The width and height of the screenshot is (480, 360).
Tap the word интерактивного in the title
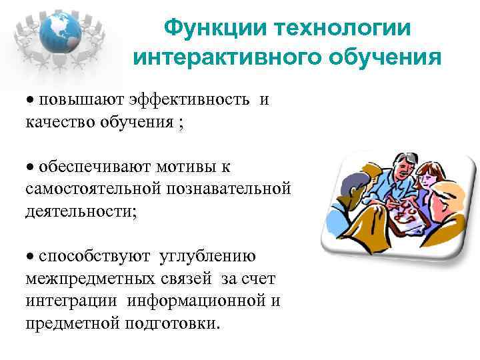[x=227, y=58]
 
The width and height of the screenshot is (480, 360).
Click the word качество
[x=59, y=122]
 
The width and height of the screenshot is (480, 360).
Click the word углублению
[x=211, y=256]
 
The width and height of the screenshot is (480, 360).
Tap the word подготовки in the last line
[x=181, y=323]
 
